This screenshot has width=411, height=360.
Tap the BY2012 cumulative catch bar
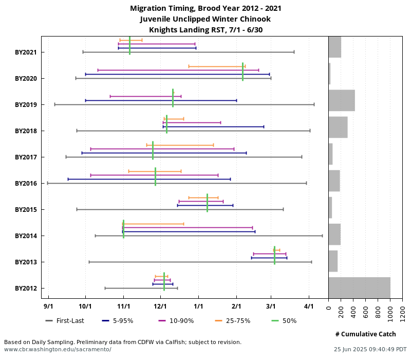[x=359, y=287]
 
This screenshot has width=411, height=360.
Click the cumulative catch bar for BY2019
[x=342, y=100]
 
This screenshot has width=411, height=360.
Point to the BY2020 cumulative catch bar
[x=330, y=74]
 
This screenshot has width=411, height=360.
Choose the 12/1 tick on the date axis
[x=160, y=307]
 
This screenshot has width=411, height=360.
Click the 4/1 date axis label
[x=309, y=307]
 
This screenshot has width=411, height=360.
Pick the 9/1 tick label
[x=48, y=307]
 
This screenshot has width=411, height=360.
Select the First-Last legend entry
[x=65, y=321]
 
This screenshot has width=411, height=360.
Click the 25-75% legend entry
[x=235, y=321]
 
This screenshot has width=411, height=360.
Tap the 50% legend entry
[x=284, y=321]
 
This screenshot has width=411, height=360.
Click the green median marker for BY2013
[x=275, y=255]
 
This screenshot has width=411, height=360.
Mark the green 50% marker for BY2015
[x=207, y=203]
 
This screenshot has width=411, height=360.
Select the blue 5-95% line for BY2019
[x=161, y=100]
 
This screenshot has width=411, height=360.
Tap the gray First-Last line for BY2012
[x=141, y=288]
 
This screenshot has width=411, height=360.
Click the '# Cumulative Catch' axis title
[x=365, y=334]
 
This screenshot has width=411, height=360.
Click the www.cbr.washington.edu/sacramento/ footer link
[x=58, y=349]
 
